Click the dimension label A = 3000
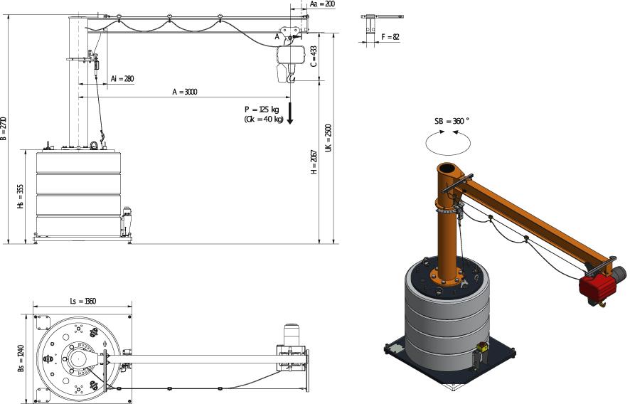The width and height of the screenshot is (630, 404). (185, 92)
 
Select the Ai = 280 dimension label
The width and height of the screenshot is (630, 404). (122, 79)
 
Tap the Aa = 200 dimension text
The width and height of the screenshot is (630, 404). (323, 4)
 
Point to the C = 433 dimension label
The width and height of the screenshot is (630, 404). (314, 56)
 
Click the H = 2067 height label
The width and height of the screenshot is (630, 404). (314, 162)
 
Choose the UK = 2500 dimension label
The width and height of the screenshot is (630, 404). (329, 138)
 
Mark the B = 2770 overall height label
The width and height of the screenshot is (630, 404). (4, 129)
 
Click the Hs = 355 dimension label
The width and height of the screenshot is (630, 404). (21, 196)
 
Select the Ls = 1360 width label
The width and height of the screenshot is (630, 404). (82, 301)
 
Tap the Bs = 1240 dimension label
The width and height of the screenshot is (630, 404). (21, 358)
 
